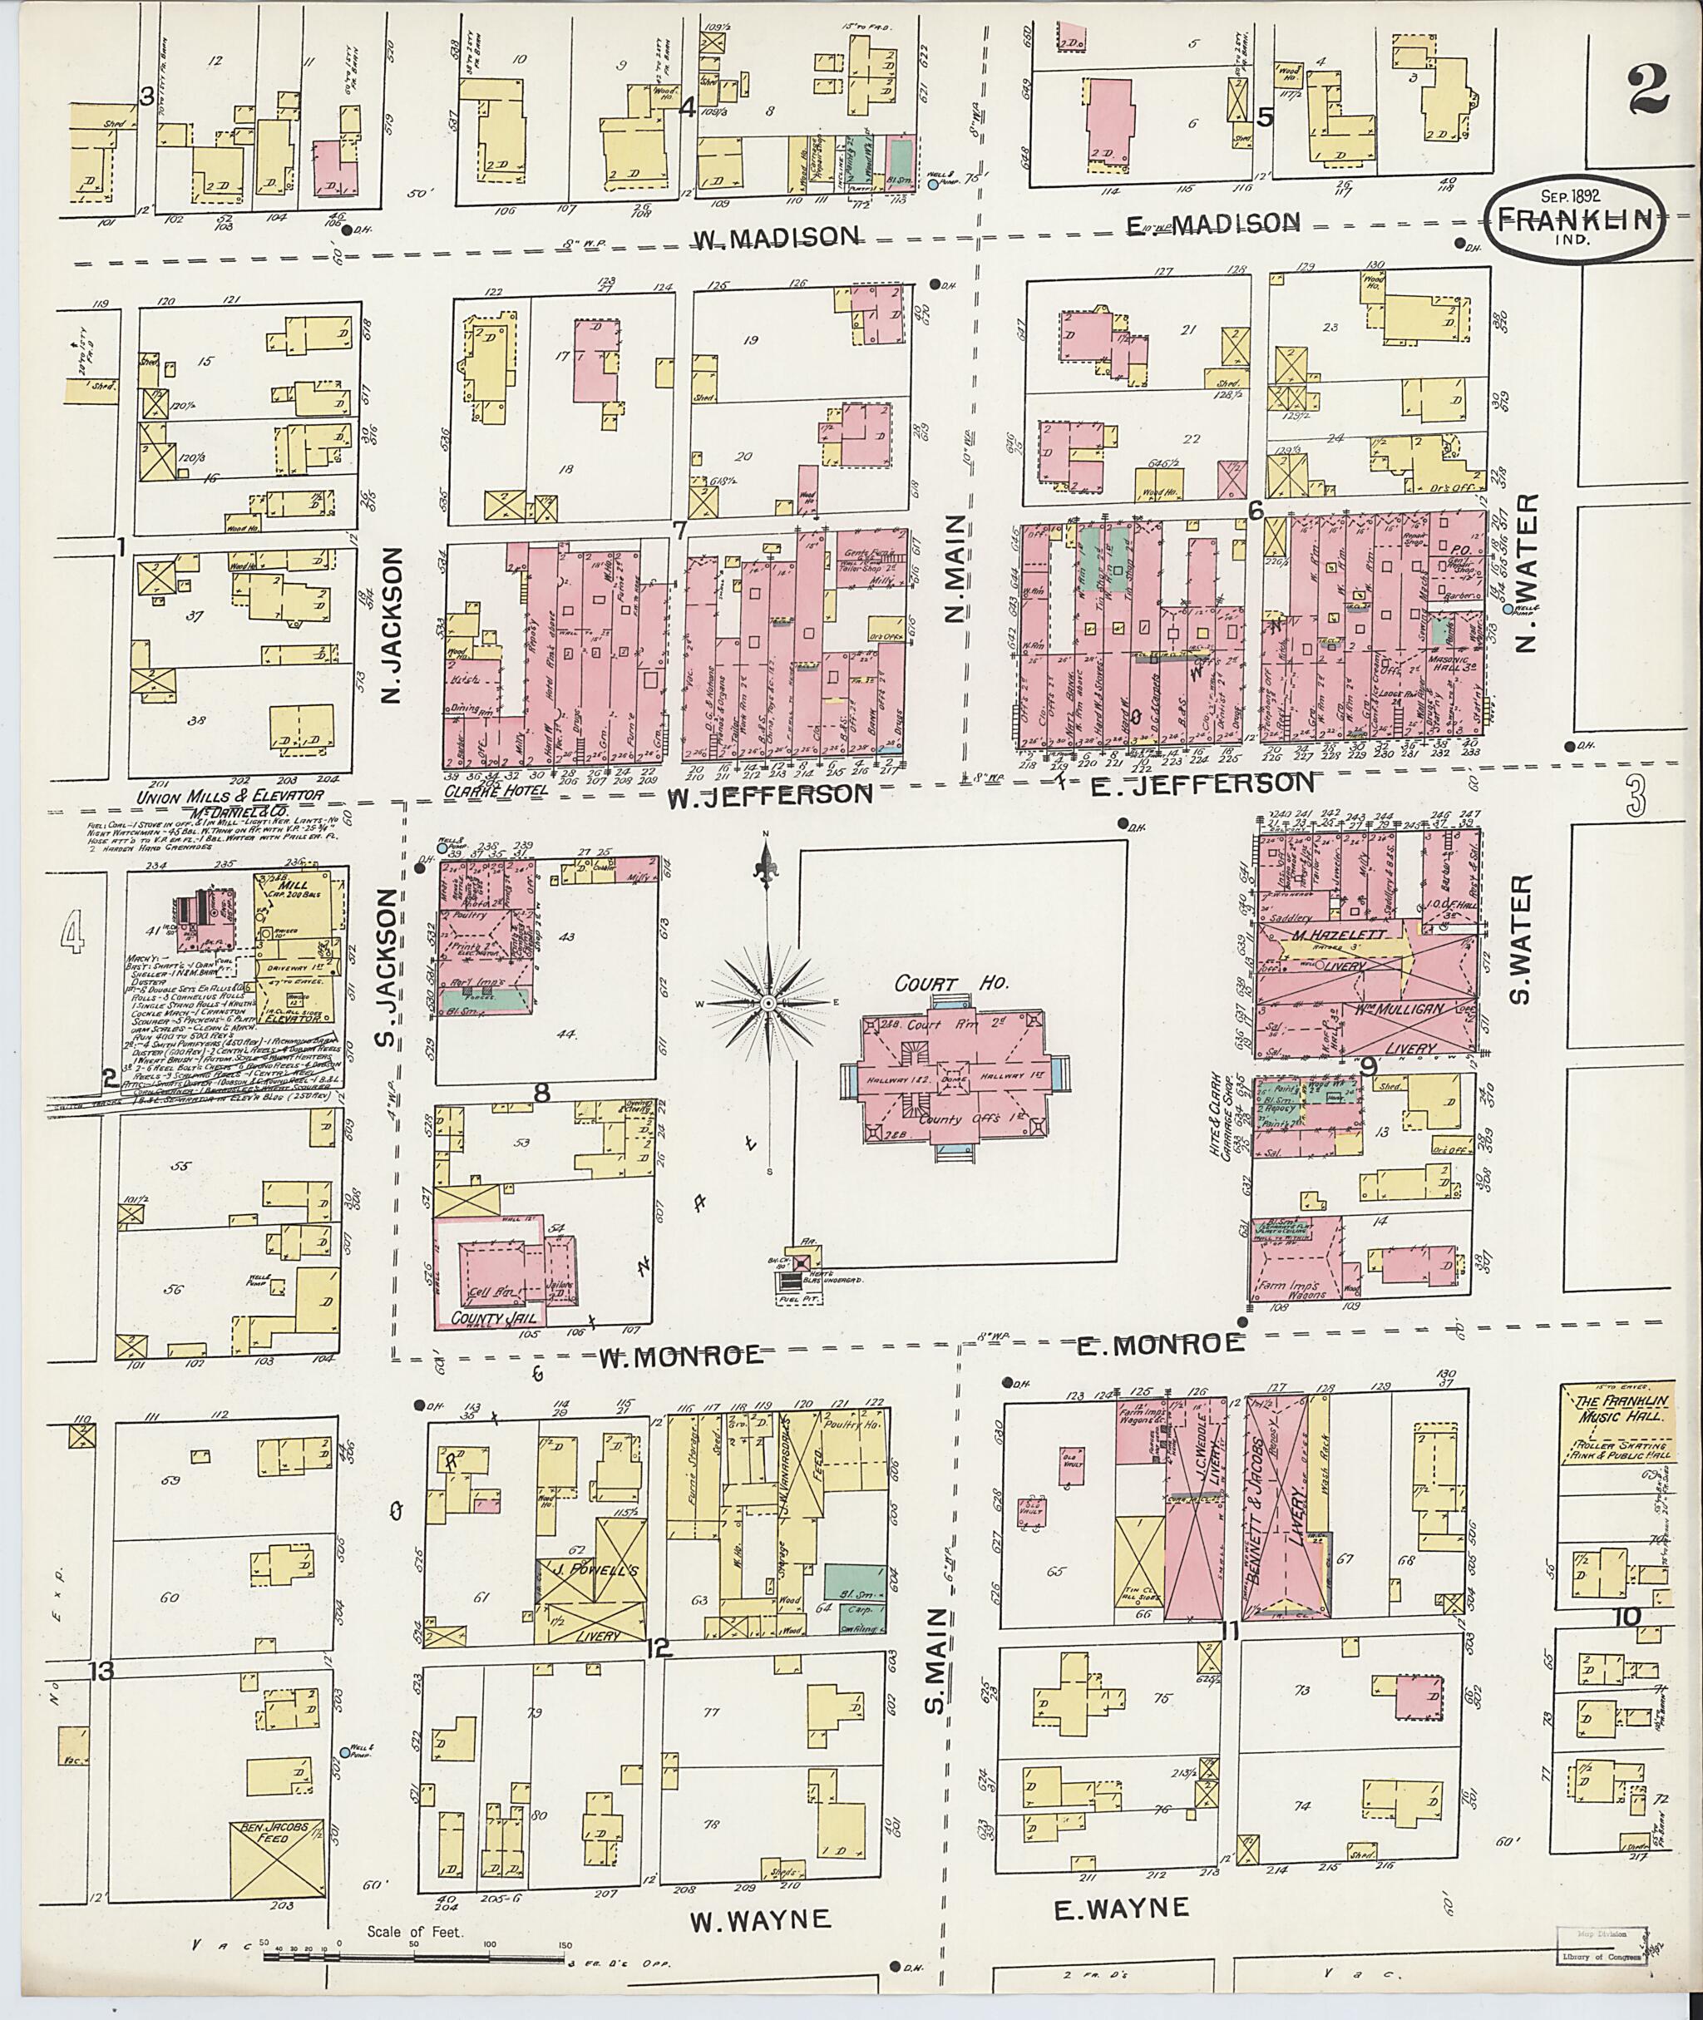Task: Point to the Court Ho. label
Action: [x=951, y=984]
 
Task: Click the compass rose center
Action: [x=768, y=1005]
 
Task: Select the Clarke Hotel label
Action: [x=496, y=790]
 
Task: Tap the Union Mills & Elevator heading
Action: [x=229, y=798]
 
